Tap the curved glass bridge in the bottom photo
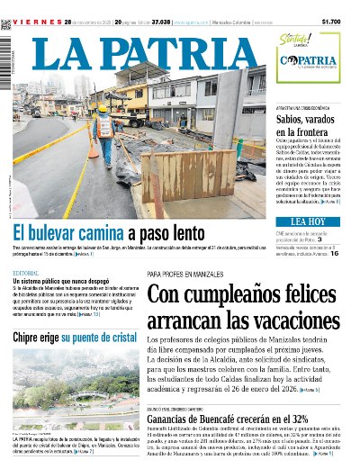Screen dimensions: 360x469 coord(72,396)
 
